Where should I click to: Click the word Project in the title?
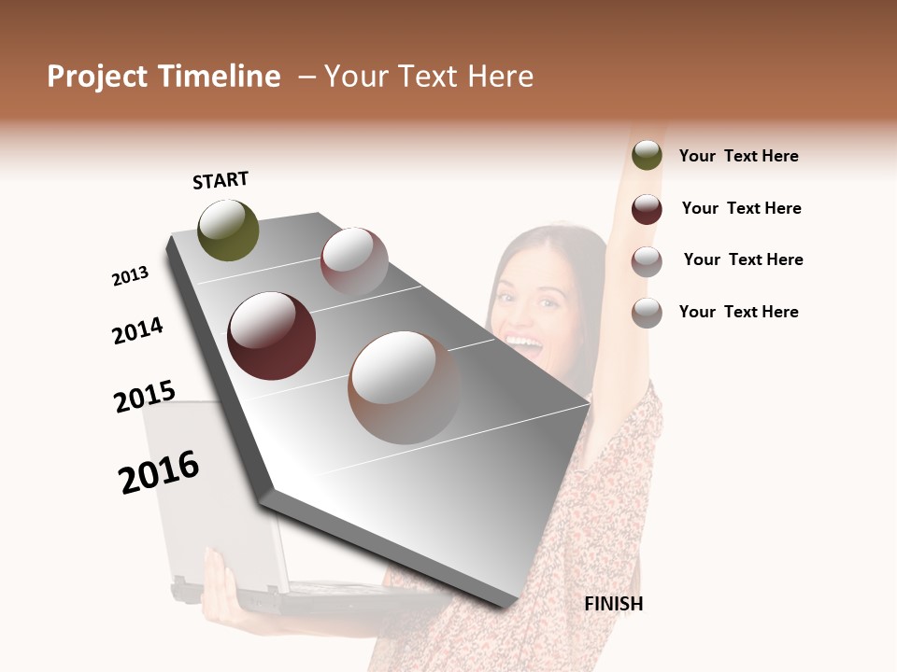click(x=98, y=77)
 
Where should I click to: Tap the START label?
click(x=221, y=180)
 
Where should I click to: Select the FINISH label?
click(x=614, y=604)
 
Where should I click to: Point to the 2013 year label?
click(x=130, y=276)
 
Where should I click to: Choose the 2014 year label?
click(x=137, y=330)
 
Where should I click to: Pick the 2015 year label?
click(x=145, y=397)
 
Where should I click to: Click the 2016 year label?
click(x=159, y=471)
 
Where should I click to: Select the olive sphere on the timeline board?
click(x=228, y=230)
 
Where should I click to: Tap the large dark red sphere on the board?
click(x=272, y=336)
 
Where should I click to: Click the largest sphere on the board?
click(x=405, y=387)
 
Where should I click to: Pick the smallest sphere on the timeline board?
click(x=354, y=260)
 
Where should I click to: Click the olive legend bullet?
click(x=647, y=156)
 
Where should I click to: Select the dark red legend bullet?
click(x=647, y=209)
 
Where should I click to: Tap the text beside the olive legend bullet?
click(x=738, y=156)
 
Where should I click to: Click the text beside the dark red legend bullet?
click(x=741, y=208)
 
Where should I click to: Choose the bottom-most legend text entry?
click(x=738, y=312)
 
